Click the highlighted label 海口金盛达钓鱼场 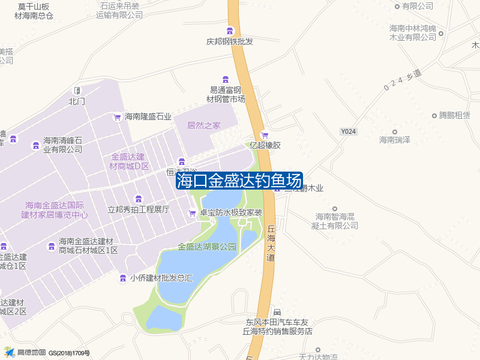coord(239,180)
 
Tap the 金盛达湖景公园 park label coord(207,247)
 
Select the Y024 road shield coord(348,131)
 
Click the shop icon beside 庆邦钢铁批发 coord(230,31)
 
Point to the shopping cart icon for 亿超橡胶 coord(265,135)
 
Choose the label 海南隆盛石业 coord(148,117)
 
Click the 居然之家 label coord(204,125)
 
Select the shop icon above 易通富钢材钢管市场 coord(226,80)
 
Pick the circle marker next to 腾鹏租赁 coord(434,115)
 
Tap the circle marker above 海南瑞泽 coord(394,131)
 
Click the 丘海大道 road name coord(271,243)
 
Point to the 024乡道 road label coord(402,81)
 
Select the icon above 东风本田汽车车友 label coord(277,313)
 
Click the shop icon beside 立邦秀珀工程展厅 coord(139,199)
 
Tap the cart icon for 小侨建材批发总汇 coord(123,278)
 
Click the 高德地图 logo coord(25,352)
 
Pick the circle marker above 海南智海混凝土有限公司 coord(335,208)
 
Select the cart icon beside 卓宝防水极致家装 coord(192,212)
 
